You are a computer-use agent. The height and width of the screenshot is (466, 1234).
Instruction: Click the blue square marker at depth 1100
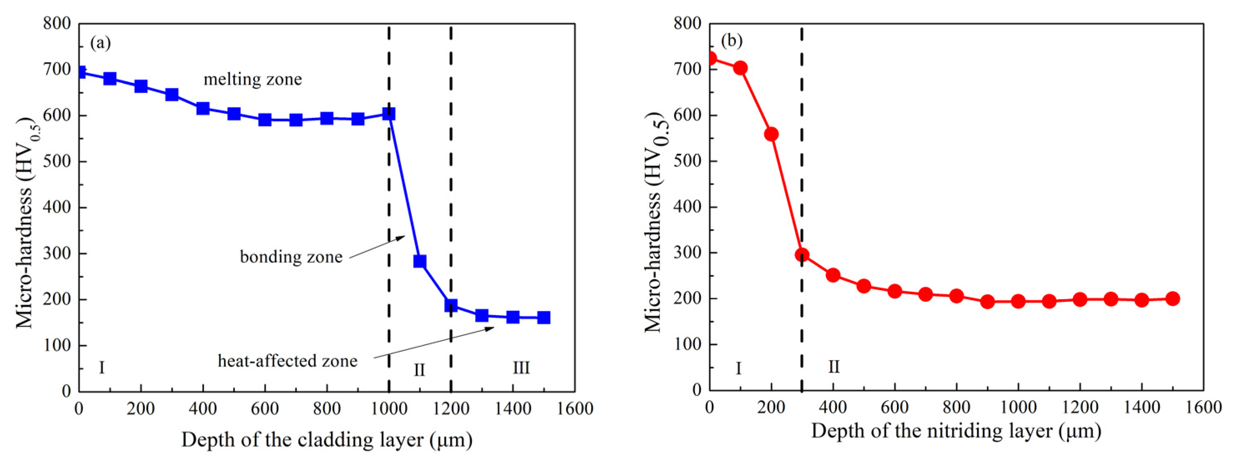420,261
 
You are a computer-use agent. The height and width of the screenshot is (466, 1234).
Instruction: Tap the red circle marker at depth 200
771,134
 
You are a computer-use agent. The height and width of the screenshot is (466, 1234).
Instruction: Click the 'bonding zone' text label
291,257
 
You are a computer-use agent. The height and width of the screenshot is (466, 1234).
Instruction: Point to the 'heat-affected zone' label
287,361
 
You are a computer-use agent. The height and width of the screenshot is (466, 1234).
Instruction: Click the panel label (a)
100,43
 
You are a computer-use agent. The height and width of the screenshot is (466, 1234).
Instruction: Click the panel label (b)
731,41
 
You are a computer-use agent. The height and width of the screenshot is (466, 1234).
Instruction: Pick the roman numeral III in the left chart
521,368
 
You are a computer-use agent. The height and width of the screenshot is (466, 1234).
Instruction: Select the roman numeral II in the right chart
834,367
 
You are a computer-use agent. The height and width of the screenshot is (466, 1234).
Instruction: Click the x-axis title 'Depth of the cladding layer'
327,440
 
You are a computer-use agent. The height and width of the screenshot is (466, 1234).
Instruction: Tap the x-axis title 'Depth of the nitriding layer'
956,431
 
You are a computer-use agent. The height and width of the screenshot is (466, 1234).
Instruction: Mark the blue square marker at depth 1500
543,318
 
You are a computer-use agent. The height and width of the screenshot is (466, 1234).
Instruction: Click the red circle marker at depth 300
802,255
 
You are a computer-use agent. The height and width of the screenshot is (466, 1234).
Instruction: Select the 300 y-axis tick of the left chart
57,253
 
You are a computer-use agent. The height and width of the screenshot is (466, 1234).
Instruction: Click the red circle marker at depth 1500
1172,298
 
